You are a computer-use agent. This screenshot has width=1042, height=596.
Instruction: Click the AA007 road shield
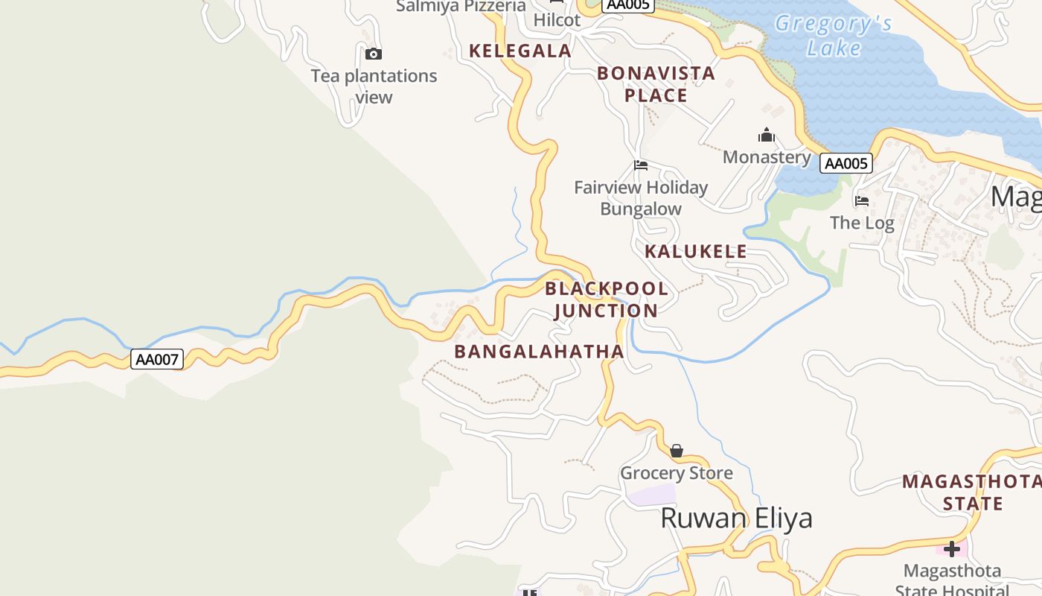(157, 360)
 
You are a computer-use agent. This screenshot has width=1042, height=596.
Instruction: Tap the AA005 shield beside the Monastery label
(846, 163)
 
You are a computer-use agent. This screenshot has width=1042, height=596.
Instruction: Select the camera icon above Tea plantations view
(374, 54)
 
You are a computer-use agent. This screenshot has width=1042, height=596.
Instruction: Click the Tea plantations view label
(374, 86)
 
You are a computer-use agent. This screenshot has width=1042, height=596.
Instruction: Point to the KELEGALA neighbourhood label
(520, 51)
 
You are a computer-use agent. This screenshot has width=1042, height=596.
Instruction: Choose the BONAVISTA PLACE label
(656, 84)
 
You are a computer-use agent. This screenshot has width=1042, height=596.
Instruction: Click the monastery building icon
(767, 135)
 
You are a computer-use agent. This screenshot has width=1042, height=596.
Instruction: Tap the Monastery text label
(767, 157)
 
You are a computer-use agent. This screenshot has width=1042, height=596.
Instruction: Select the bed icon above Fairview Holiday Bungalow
(641, 165)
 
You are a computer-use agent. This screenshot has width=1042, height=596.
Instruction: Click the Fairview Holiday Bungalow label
(641, 198)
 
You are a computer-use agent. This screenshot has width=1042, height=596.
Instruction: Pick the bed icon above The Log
(862, 201)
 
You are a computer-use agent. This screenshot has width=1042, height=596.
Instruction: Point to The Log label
(862, 223)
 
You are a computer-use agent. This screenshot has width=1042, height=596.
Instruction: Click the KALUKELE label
(696, 251)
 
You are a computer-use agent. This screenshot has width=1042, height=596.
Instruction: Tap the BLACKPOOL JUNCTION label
(606, 299)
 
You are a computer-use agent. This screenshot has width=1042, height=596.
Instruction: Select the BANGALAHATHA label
(539, 352)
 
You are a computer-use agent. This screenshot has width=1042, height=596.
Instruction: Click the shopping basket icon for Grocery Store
(677, 451)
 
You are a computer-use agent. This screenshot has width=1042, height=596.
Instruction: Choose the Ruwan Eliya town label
(736, 518)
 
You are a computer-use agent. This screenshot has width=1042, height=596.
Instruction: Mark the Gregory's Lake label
(834, 36)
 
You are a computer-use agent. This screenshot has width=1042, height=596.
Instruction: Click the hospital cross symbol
(952, 550)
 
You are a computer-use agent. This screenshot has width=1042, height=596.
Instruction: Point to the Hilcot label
(557, 20)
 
